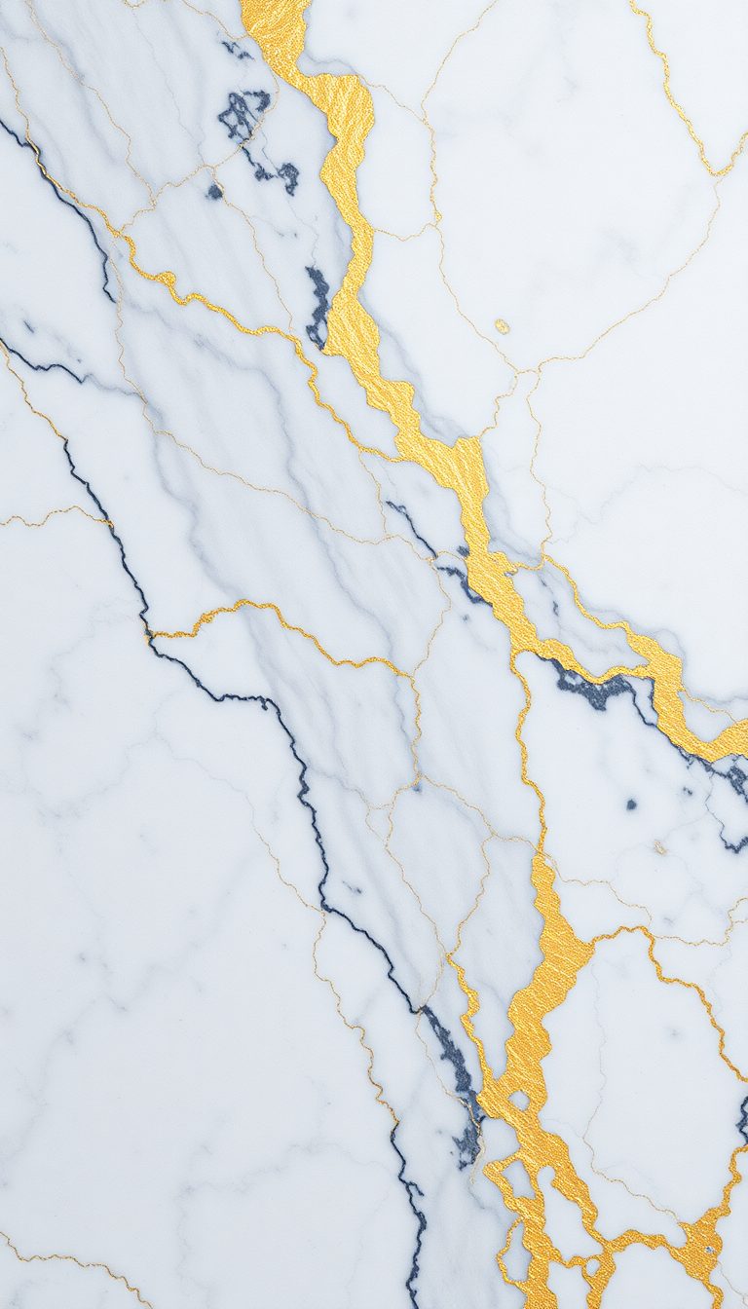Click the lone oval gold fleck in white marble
click(502, 325)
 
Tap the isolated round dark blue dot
click(631, 804)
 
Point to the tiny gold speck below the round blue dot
click(659, 848)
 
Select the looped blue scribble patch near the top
click(243, 113)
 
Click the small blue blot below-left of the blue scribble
click(214, 192)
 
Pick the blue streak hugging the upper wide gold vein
click(318, 304)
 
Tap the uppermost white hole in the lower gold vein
click(518, 1101)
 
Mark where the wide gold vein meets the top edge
click(275, 4)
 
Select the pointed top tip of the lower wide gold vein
click(539, 857)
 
